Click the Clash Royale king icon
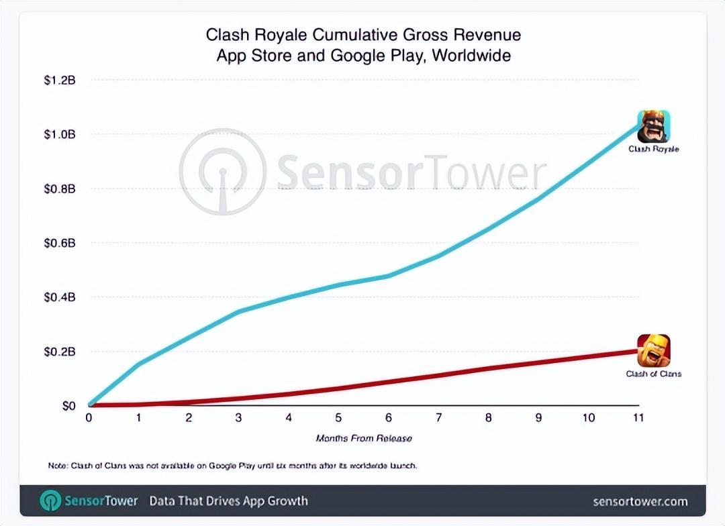tap(653, 126)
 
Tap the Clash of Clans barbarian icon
tap(653, 350)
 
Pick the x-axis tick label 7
tap(438, 418)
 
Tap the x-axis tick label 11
tap(638, 418)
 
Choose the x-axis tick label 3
tap(239, 418)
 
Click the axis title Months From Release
tap(363, 438)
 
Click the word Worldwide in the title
tap(471, 55)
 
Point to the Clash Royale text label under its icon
tap(653, 149)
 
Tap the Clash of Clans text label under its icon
tap(653, 374)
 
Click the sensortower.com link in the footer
tap(640, 501)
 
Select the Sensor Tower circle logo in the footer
tap(50, 501)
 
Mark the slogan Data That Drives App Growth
tap(228, 501)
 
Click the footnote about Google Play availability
tap(232, 465)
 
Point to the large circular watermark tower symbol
tap(222, 172)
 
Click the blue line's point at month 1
tap(139, 364)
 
